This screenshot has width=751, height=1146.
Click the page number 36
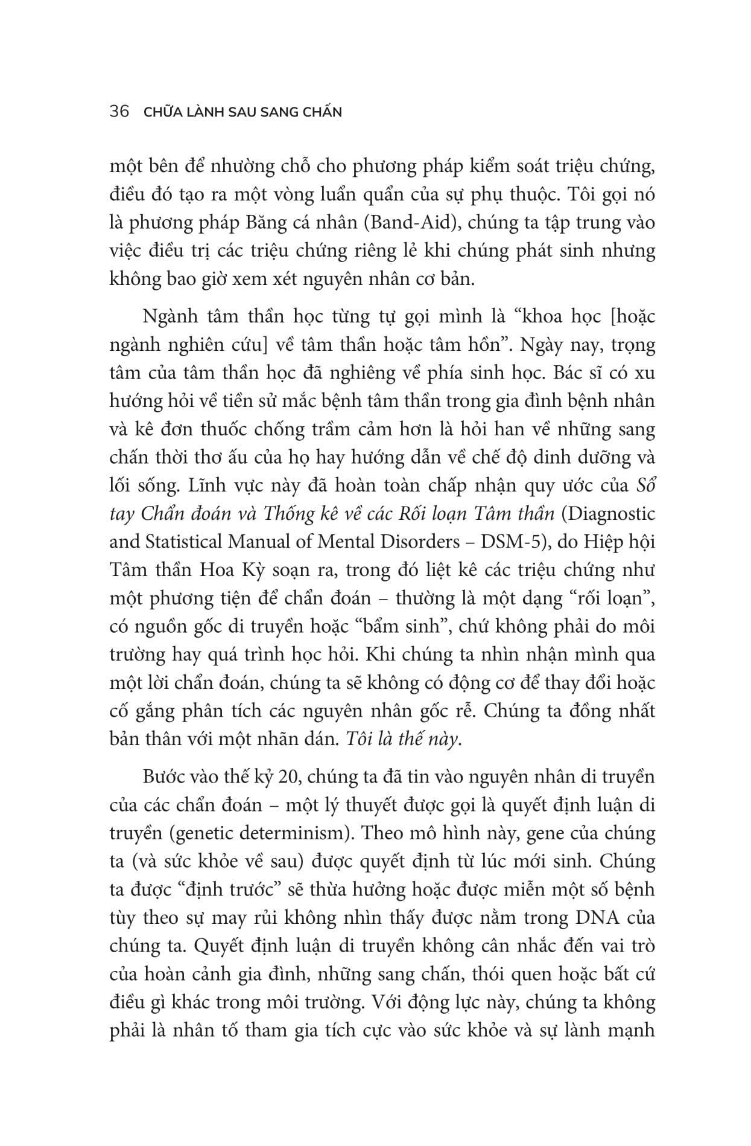point(119,112)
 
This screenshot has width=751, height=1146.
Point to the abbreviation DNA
point(594,918)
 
